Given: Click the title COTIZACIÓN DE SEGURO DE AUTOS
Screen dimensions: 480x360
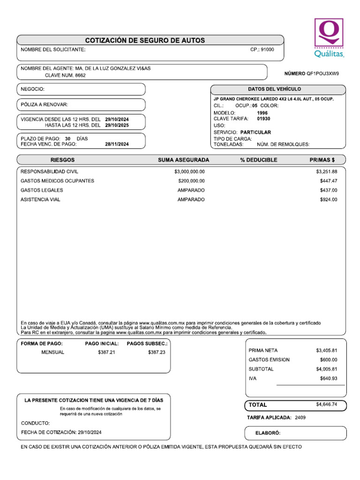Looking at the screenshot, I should pos(145,41).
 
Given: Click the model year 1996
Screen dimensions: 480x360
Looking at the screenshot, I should pos(262,113).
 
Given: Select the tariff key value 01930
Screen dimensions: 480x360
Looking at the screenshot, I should pos(263,119).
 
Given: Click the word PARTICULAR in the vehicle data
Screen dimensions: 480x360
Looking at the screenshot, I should pos(255,133).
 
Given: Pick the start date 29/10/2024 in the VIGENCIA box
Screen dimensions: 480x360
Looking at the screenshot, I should pos(117,120).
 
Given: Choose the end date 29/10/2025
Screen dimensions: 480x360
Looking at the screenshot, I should pos(117,126).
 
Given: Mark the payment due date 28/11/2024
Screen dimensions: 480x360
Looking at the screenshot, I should pos(117,145).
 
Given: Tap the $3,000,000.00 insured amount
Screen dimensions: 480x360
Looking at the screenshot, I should pos(189,172).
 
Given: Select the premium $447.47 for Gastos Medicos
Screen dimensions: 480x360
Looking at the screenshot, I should pos(328,181).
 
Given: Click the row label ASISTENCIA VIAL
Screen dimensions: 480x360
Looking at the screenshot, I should pos(40,200).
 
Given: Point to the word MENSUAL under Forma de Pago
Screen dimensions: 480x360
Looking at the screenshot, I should pos(52,352).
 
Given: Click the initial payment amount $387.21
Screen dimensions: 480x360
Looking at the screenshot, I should pos(106,352).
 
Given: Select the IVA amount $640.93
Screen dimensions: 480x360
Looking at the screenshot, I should pos(328,378).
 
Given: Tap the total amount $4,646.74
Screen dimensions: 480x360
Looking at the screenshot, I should pos(326,404).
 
